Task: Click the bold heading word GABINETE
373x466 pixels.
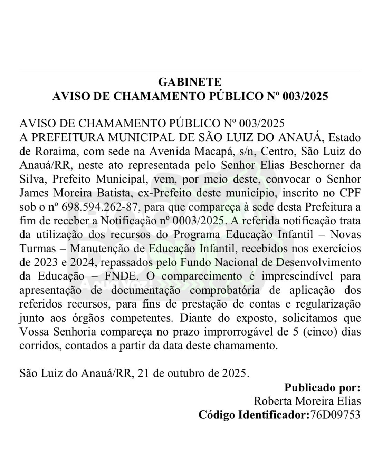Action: click(x=190, y=82)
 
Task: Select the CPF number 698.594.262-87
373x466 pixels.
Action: click(x=101, y=207)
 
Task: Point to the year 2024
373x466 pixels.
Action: click(x=82, y=263)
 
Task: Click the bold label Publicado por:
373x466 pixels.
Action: click(x=322, y=388)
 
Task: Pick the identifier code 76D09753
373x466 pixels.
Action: click(x=335, y=415)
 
